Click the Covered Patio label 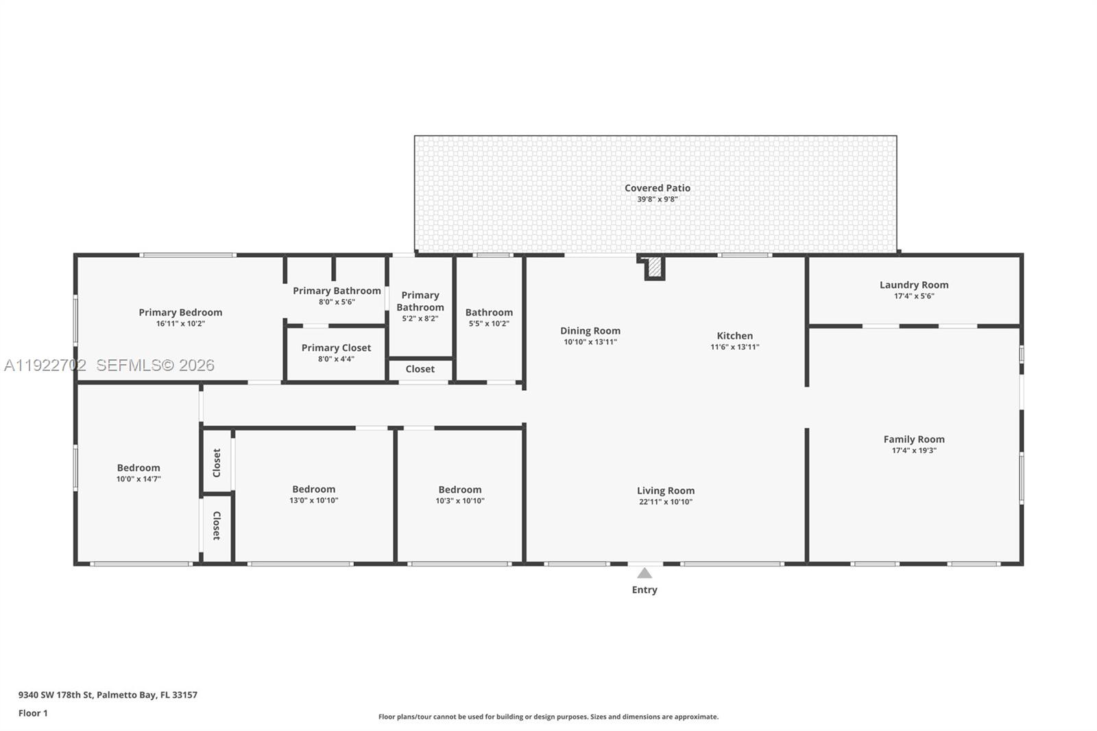[x=657, y=188]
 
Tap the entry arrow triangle [x=644, y=573]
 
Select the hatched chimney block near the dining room [x=655, y=267]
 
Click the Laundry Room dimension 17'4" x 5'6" [x=914, y=296]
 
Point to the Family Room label [x=914, y=440]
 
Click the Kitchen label [x=734, y=336]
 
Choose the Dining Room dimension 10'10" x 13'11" [x=590, y=341]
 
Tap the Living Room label [x=665, y=491]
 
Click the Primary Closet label [x=336, y=348]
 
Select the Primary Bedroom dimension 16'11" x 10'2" [x=180, y=324]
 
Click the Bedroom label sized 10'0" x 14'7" [x=138, y=468]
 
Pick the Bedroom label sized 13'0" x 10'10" [x=313, y=489]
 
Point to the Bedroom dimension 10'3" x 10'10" [x=459, y=501]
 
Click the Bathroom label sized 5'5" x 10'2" [x=489, y=313]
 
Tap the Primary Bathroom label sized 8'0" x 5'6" [x=337, y=291]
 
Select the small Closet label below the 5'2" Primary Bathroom [x=420, y=369]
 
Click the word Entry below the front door [x=644, y=590]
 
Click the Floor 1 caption [x=33, y=713]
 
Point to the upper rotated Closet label [x=217, y=463]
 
